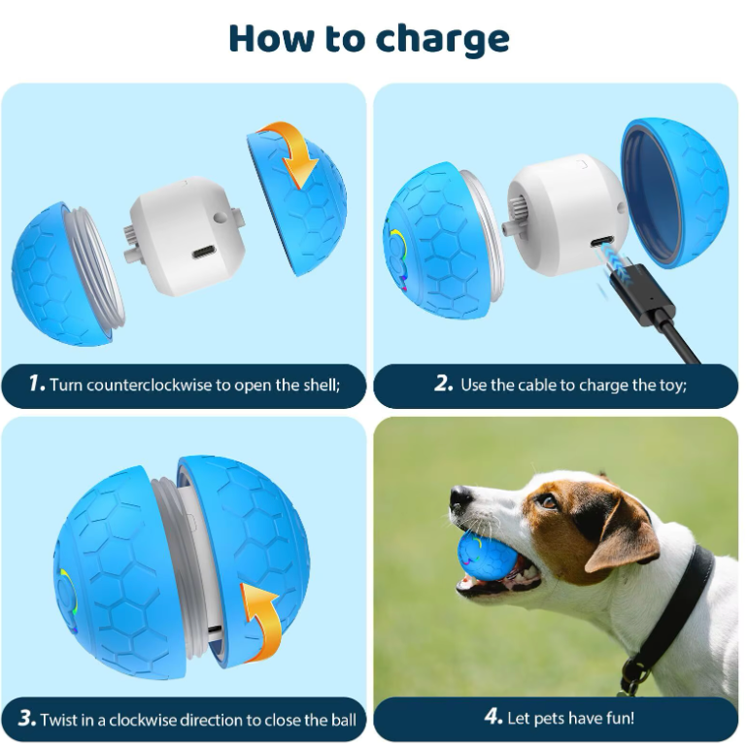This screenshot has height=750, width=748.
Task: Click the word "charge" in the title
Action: (x=442, y=38)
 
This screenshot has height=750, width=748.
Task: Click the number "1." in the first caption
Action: (x=36, y=384)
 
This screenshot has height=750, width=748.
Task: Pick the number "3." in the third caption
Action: (x=27, y=719)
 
